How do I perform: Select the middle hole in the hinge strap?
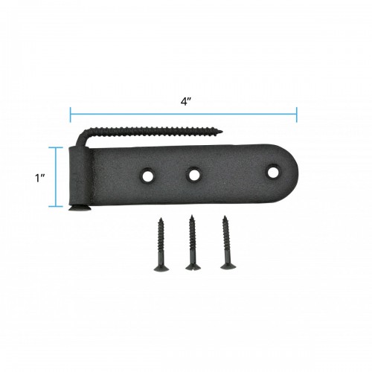point(194,176)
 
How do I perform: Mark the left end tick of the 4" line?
point(71,114)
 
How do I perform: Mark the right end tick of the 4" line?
point(297,114)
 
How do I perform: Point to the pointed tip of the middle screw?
point(191,217)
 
